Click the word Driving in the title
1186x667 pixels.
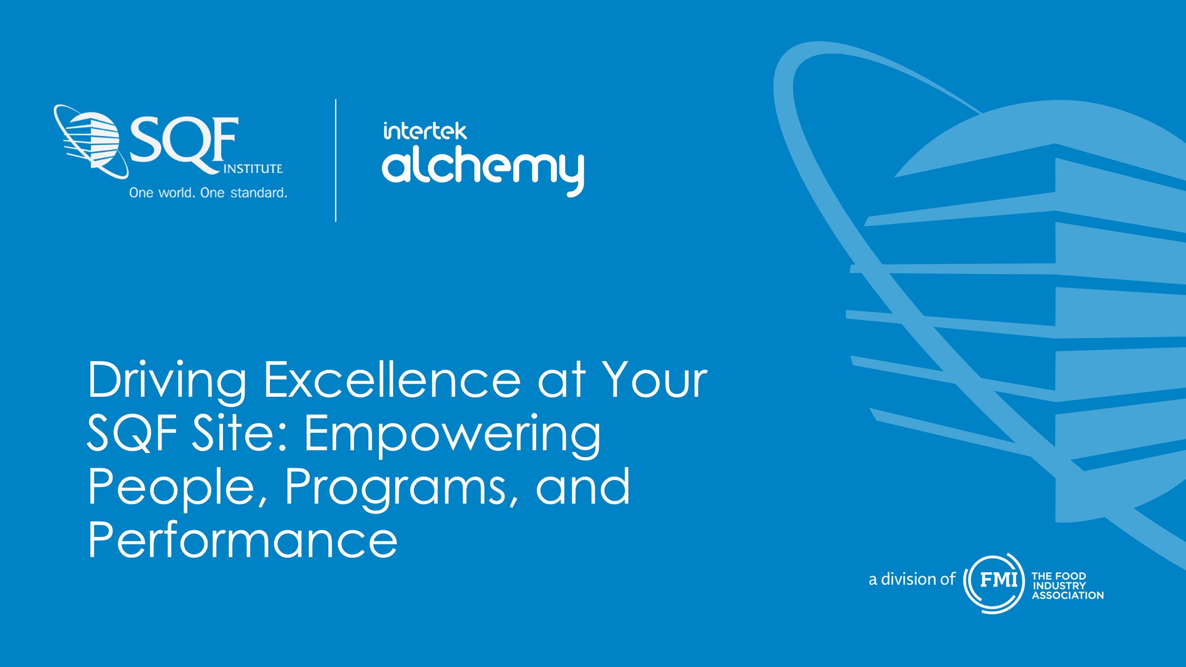[167, 380]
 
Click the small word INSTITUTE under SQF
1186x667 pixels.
[253, 169]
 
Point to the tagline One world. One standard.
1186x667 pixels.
[208, 193]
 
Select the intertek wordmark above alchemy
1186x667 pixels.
[424, 131]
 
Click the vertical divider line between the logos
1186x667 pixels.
[336, 161]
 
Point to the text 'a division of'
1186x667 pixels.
[912, 579]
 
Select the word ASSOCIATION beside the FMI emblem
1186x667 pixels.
[1067, 595]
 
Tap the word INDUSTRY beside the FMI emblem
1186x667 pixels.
[1059, 585]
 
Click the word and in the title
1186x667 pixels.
[583, 488]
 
